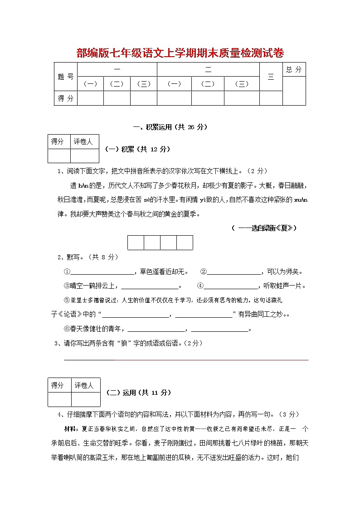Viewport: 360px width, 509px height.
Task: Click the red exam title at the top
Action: [180, 53]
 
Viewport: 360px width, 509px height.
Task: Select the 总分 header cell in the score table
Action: [294, 70]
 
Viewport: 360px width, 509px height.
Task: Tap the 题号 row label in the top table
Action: [65, 77]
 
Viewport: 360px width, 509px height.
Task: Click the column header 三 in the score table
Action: [271, 77]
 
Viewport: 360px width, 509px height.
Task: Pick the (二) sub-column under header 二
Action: [207, 84]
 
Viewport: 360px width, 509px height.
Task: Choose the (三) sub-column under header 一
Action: [143, 84]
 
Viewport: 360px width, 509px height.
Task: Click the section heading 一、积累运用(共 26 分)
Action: [170, 127]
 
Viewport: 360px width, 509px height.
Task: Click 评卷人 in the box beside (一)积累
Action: [84, 142]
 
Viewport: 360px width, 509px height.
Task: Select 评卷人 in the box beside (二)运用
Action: [85, 385]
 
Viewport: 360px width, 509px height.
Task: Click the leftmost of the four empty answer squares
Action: [136, 242]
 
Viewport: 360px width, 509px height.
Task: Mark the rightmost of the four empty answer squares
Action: [185, 242]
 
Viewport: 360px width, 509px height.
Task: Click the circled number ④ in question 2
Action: [200, 286]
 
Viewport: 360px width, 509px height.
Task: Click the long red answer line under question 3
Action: [186, 360]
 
